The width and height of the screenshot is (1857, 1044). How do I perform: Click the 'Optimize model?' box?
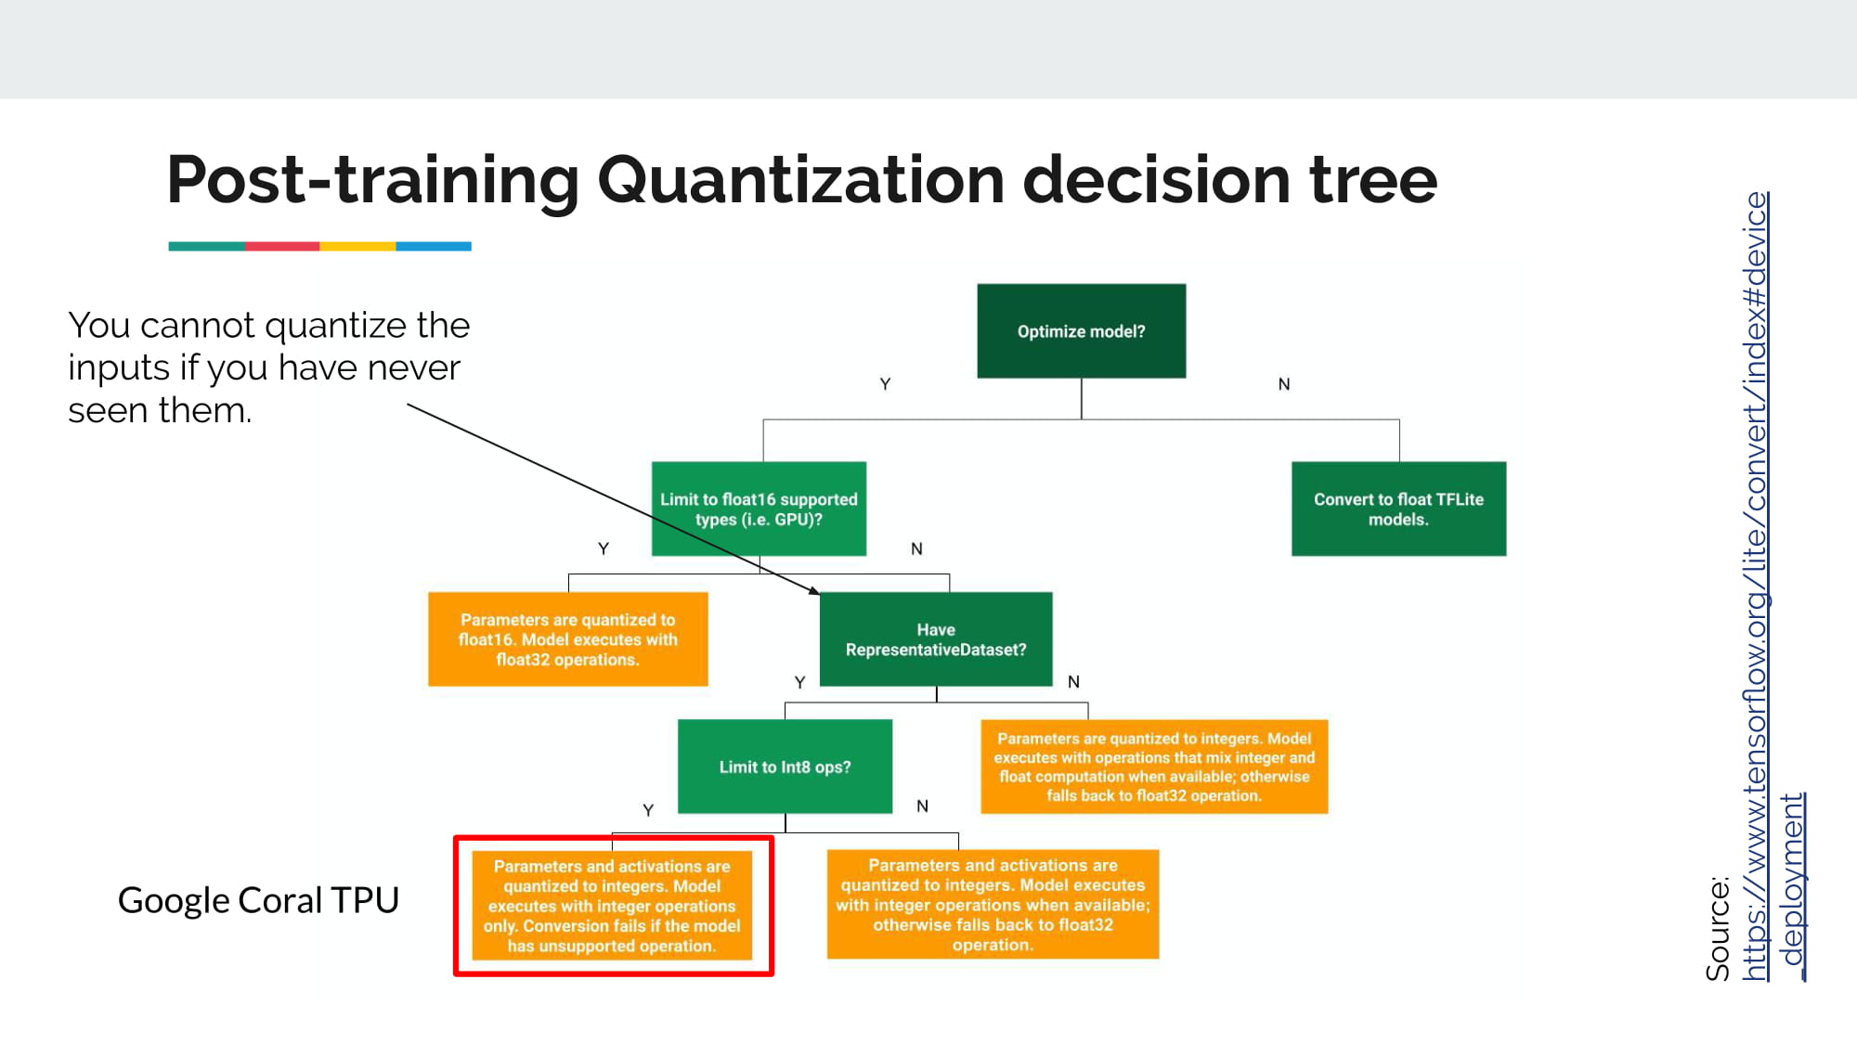click(x=1081, y=331)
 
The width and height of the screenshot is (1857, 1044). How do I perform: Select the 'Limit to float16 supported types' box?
click(x=759, y=509)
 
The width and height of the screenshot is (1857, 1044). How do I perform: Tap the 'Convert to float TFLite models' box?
click(x=1398, y=509)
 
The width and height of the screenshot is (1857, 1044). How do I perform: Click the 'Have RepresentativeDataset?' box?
click(x=936, y=639)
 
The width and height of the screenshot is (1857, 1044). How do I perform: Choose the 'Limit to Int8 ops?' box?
click(x=785, y=767)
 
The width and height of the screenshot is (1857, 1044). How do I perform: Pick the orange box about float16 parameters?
click(x=567, y=639)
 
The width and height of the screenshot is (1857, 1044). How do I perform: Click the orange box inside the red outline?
click(x=612, y=906)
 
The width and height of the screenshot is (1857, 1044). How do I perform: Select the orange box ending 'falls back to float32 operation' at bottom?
click(x=993, y=905)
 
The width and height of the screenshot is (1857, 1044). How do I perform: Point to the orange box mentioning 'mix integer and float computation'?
click(x=1154, y=767)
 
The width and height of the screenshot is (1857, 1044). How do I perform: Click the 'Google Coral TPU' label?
click(x=258, y=900)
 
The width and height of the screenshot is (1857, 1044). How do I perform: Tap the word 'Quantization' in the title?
click(x=800, y=180)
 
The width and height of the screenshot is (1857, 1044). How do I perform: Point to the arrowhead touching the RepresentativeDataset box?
click(x=814, y=590)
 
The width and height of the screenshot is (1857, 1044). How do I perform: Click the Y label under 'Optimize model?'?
click(x=885, y=384)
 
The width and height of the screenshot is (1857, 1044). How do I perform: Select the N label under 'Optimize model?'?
click(x=1284, y=384)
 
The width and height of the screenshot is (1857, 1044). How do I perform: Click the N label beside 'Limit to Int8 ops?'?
click(x=922, y=806)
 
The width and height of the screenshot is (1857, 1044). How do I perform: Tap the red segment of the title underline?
click(x=282, y=247)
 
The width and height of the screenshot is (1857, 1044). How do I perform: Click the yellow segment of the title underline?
click(x=357, y=247)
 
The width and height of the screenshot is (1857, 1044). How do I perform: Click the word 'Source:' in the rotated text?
click(x=1718, y=928)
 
